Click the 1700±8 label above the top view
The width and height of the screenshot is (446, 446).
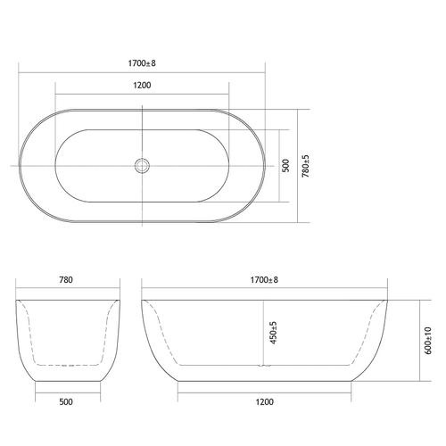tap(142, 63)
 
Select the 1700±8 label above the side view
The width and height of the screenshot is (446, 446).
tap(264, 280)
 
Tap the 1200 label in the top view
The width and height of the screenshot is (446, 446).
tap(142, 86)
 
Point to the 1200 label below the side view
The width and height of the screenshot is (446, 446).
tap(264, 402)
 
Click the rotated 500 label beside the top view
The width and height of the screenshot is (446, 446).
tap(285, 166)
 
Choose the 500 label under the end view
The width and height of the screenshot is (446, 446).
tap(66, 402)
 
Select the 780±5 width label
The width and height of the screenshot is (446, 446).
tap(306, 166)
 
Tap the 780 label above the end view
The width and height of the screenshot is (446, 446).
tap(66, 280)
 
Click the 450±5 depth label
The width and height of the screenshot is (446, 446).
tap(273, 333)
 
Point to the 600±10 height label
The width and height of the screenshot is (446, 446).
tap(428, 341)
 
